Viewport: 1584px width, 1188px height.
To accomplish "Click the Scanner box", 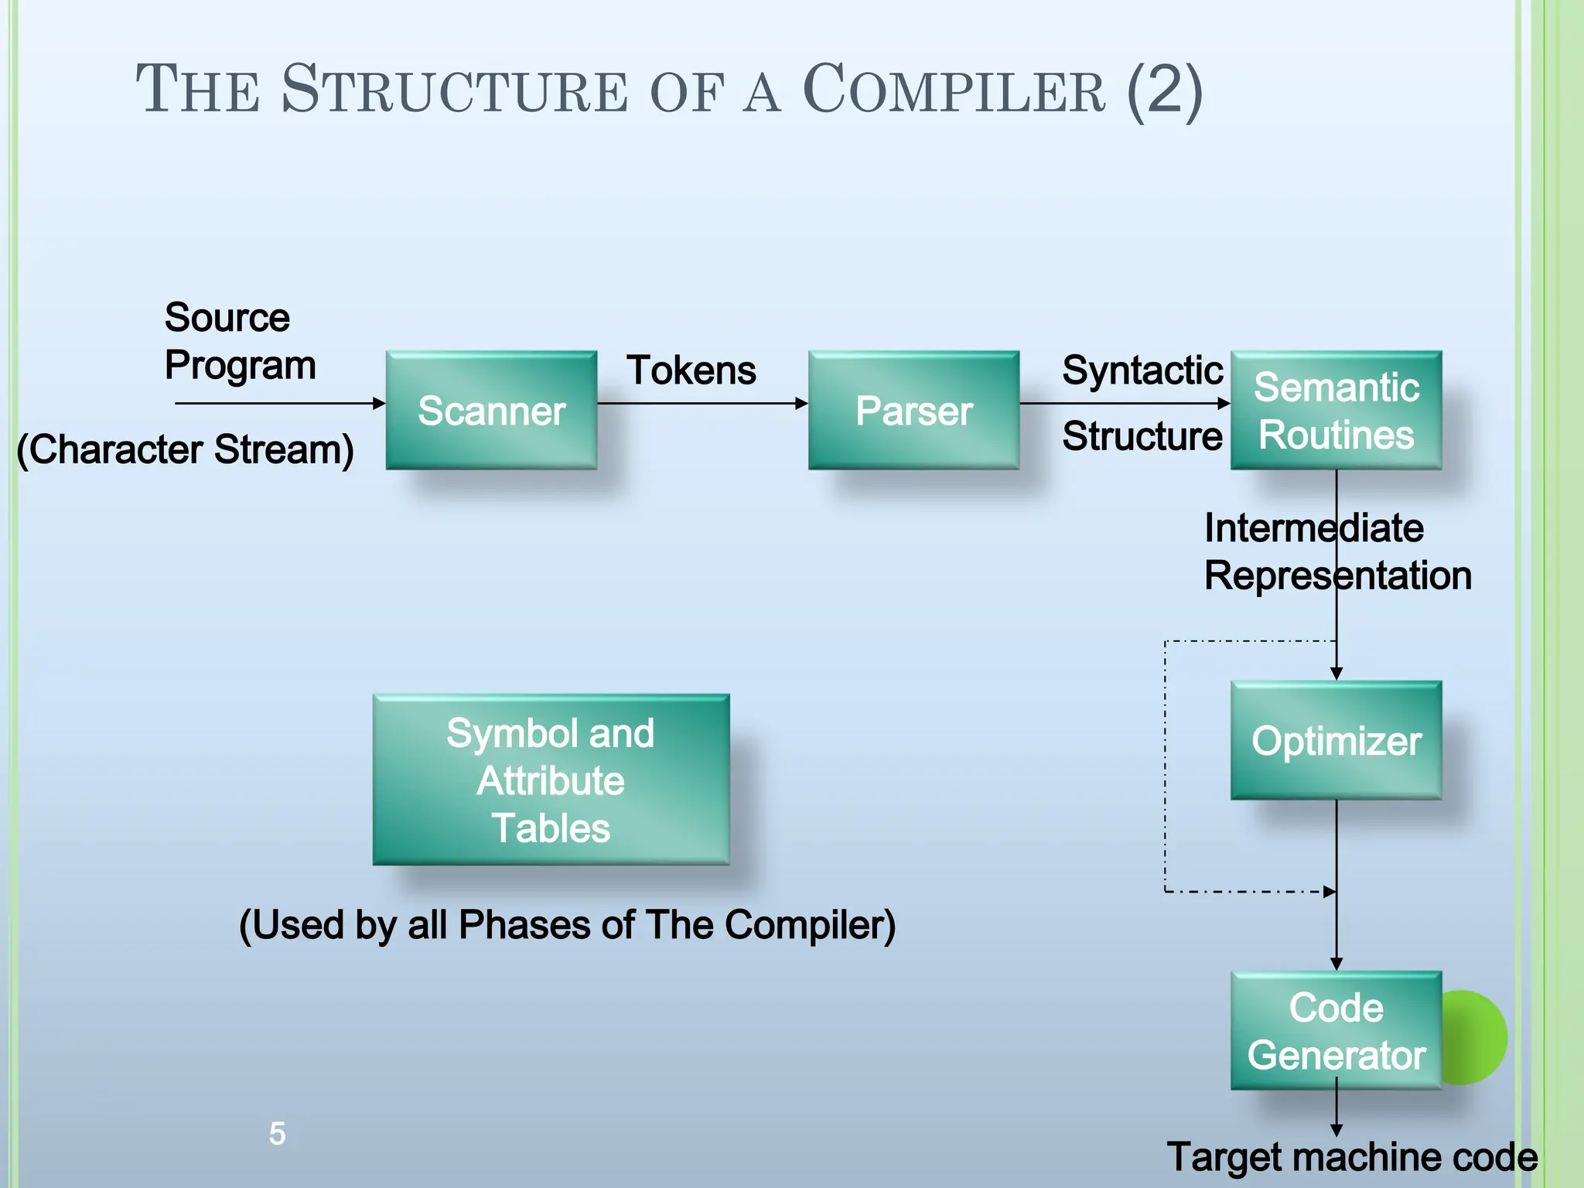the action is tap(491, 410).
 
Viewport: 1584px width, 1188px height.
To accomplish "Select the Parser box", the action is tap(913, 410).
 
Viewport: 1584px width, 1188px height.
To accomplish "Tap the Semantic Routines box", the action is tap(1336, 410).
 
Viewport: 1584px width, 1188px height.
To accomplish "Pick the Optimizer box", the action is tap(1336, 740).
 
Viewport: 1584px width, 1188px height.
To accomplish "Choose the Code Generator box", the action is tap(1336, 1030).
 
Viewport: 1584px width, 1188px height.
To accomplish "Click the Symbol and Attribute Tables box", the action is tap(551, 780).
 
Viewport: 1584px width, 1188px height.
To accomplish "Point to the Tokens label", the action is tap(691, 370).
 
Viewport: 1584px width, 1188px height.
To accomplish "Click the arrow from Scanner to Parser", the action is tap(702, 403).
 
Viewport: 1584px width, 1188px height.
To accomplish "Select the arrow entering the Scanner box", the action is tap(280, 403).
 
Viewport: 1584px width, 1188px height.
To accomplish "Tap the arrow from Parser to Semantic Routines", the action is tap(1125, 403).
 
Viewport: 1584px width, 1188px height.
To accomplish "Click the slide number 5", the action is tap(277, 1134).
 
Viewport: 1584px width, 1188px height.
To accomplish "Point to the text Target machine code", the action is tap(1352, 1158).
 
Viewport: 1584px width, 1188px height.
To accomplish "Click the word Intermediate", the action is tap(1313, 528).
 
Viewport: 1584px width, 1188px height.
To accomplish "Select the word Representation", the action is tap(1337, 576).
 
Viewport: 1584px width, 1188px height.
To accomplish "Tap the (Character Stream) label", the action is tap(186, 449).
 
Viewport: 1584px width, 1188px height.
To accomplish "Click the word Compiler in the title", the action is tap(954, 89).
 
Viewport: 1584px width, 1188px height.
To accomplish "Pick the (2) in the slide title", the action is tap(1165, 92).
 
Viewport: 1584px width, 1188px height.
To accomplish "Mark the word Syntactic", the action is tap(1142, 370).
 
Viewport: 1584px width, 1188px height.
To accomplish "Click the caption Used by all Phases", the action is tap(568, 925).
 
